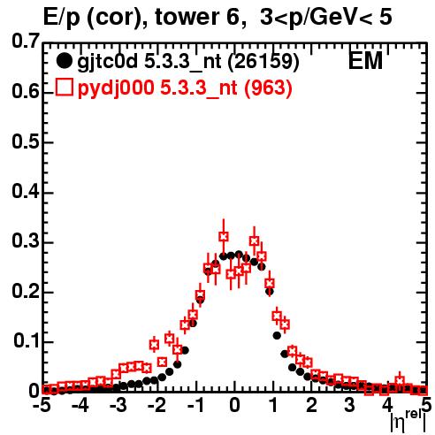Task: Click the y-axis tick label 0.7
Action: [x=26, y=41]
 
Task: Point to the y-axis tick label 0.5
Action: [x=26, y=141]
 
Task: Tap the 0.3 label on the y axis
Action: [x=26, y=240]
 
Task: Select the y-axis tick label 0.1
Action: [x=27, y=340]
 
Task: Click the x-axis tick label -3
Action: [x=118, y=406]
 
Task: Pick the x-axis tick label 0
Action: [x=234, y=406]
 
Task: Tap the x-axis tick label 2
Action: [x=311, y=406]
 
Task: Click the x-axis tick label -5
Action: [x=42, y=406]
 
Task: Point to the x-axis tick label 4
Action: [x=388, y=406]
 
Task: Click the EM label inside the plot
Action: [x=365, y=61]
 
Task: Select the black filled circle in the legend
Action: [x=64, y=61]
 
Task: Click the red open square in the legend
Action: [x=64, y=88]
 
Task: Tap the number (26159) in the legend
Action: [x=263, y=62]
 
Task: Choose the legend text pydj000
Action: [x=116, y=88]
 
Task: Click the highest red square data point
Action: [x=224, y=236]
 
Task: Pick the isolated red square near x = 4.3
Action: [x=400, y=380]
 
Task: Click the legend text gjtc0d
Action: [x=108, y=62]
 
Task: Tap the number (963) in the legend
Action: [x=268, y=88]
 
